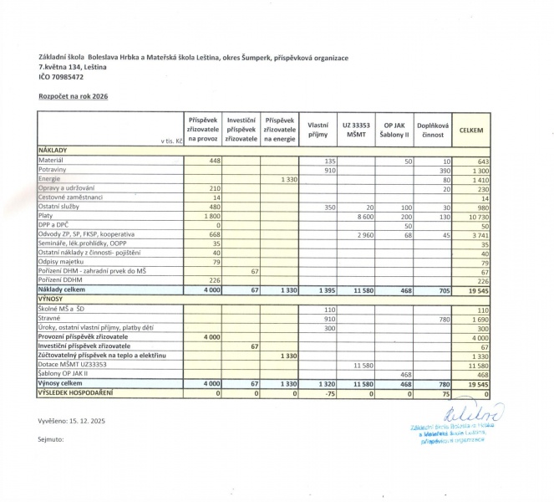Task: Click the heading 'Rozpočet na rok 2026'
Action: point(73,96)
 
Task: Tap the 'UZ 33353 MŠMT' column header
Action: point(354,129)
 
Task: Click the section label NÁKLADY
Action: point(53,150)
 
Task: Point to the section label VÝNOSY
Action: point(52,298)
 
